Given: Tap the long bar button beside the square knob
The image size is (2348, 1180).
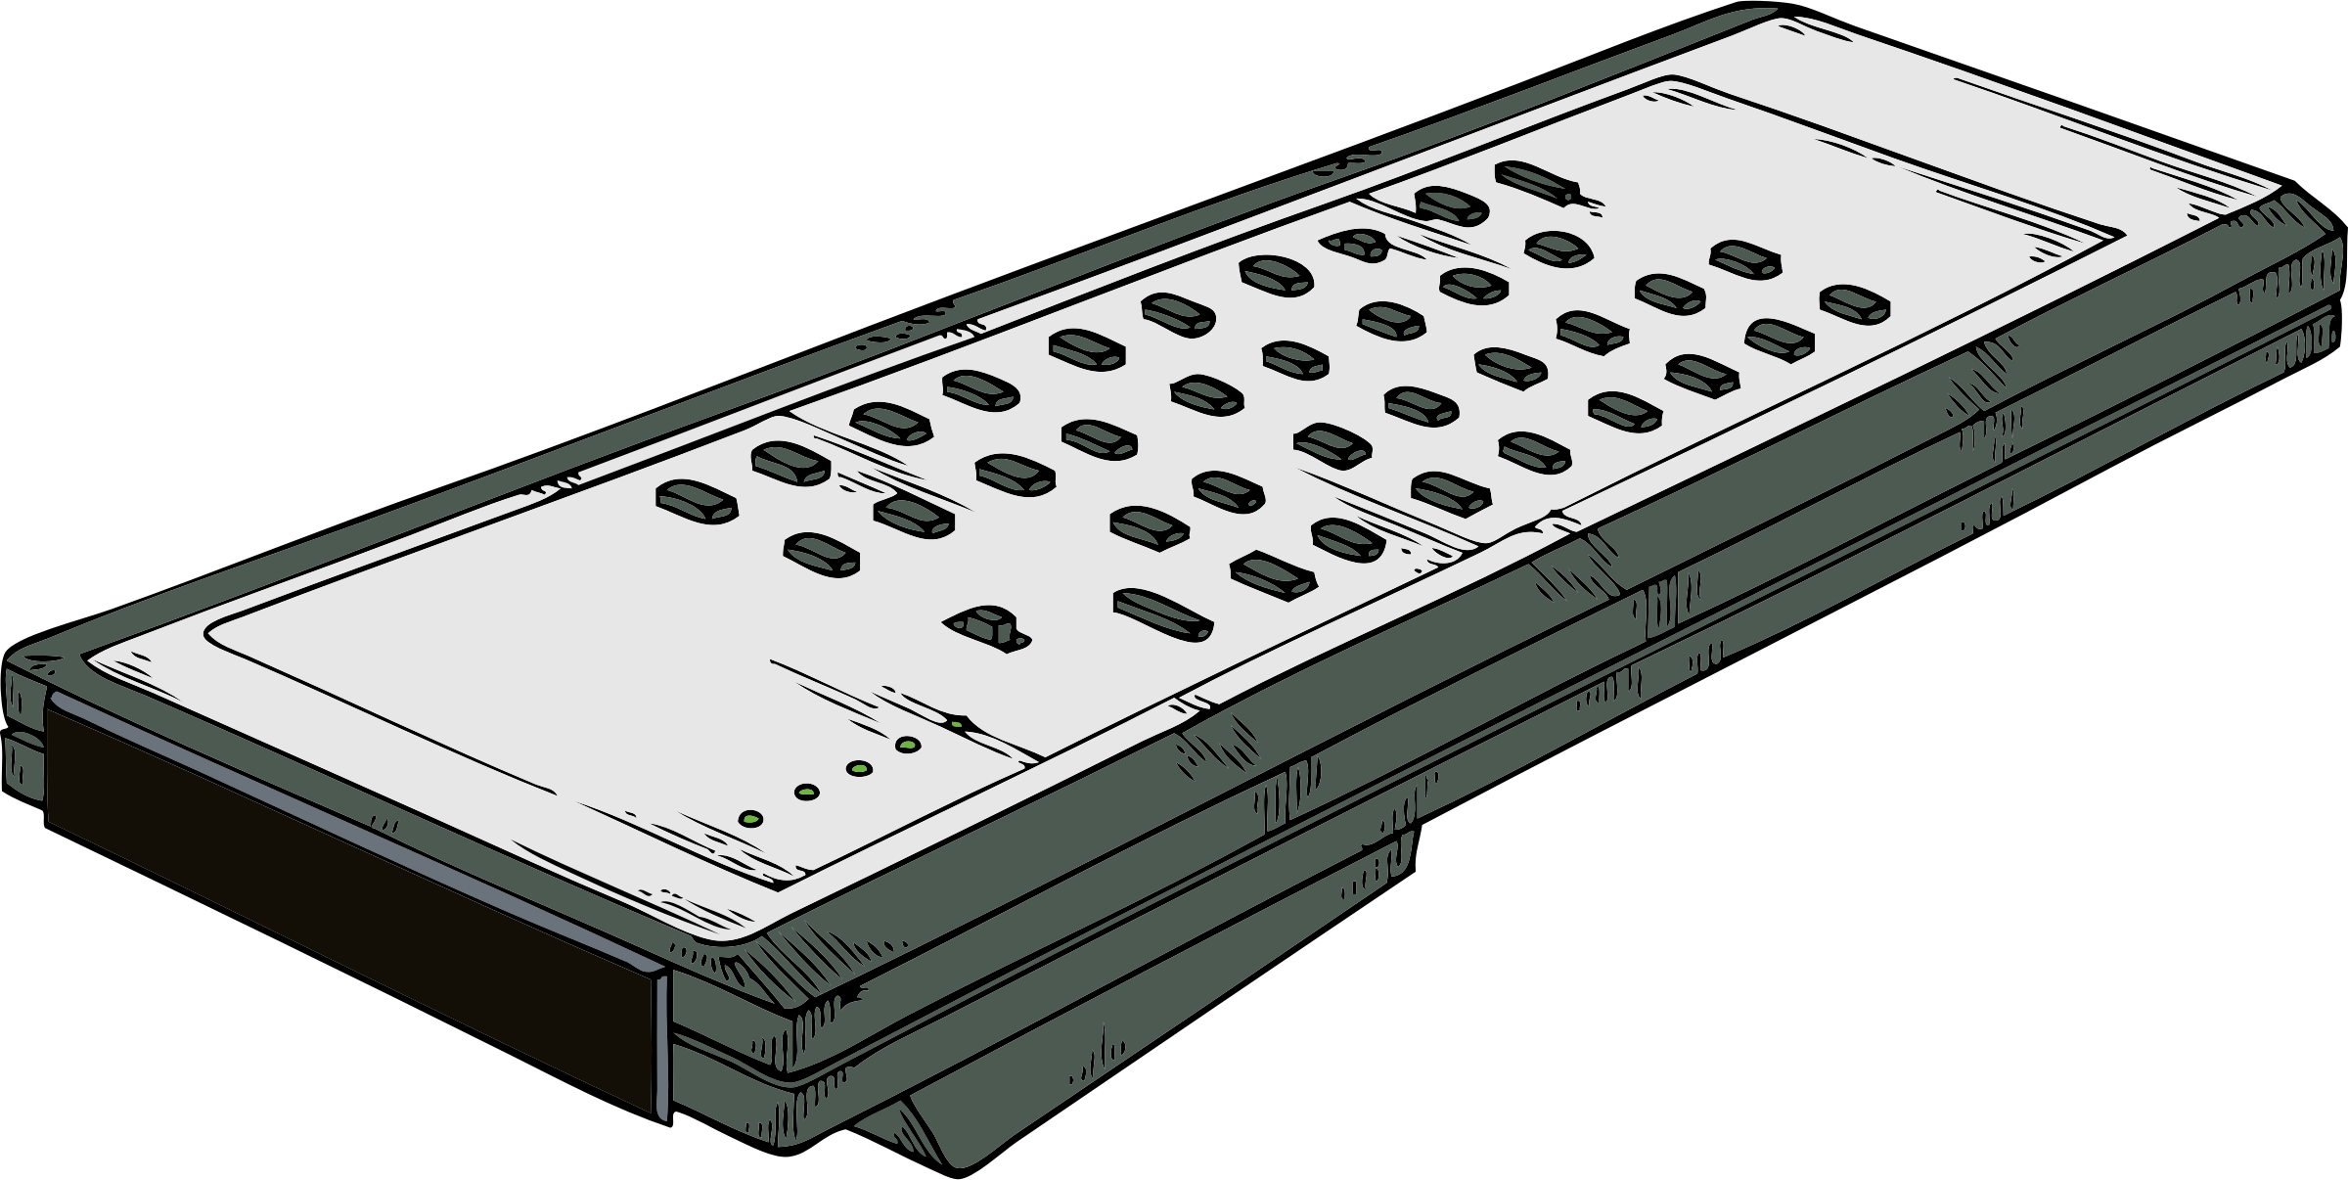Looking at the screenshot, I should pos(1163,614).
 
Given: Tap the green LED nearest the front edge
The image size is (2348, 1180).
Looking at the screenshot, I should pos(750,817).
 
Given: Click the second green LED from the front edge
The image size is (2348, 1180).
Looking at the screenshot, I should pos(807,792).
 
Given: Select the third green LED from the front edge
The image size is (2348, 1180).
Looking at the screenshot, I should pos(859,768).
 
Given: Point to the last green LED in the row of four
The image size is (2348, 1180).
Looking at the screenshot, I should pos(908,746).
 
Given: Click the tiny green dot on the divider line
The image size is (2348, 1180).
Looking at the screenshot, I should pos(956,725).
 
